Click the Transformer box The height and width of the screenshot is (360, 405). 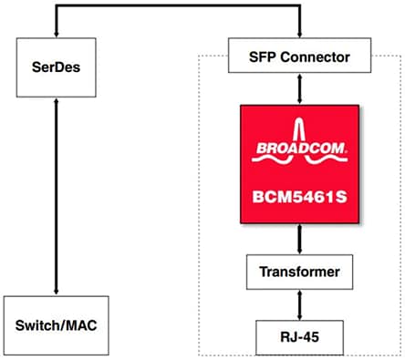coord(300,272)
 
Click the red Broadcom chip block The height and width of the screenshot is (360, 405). coord(300,164)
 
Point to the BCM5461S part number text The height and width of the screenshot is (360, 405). coord(300,194)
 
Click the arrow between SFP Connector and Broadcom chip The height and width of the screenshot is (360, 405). coord(300,89)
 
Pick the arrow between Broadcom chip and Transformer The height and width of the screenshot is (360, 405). coord(300,239)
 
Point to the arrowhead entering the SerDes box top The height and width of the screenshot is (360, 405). coord(57,36)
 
